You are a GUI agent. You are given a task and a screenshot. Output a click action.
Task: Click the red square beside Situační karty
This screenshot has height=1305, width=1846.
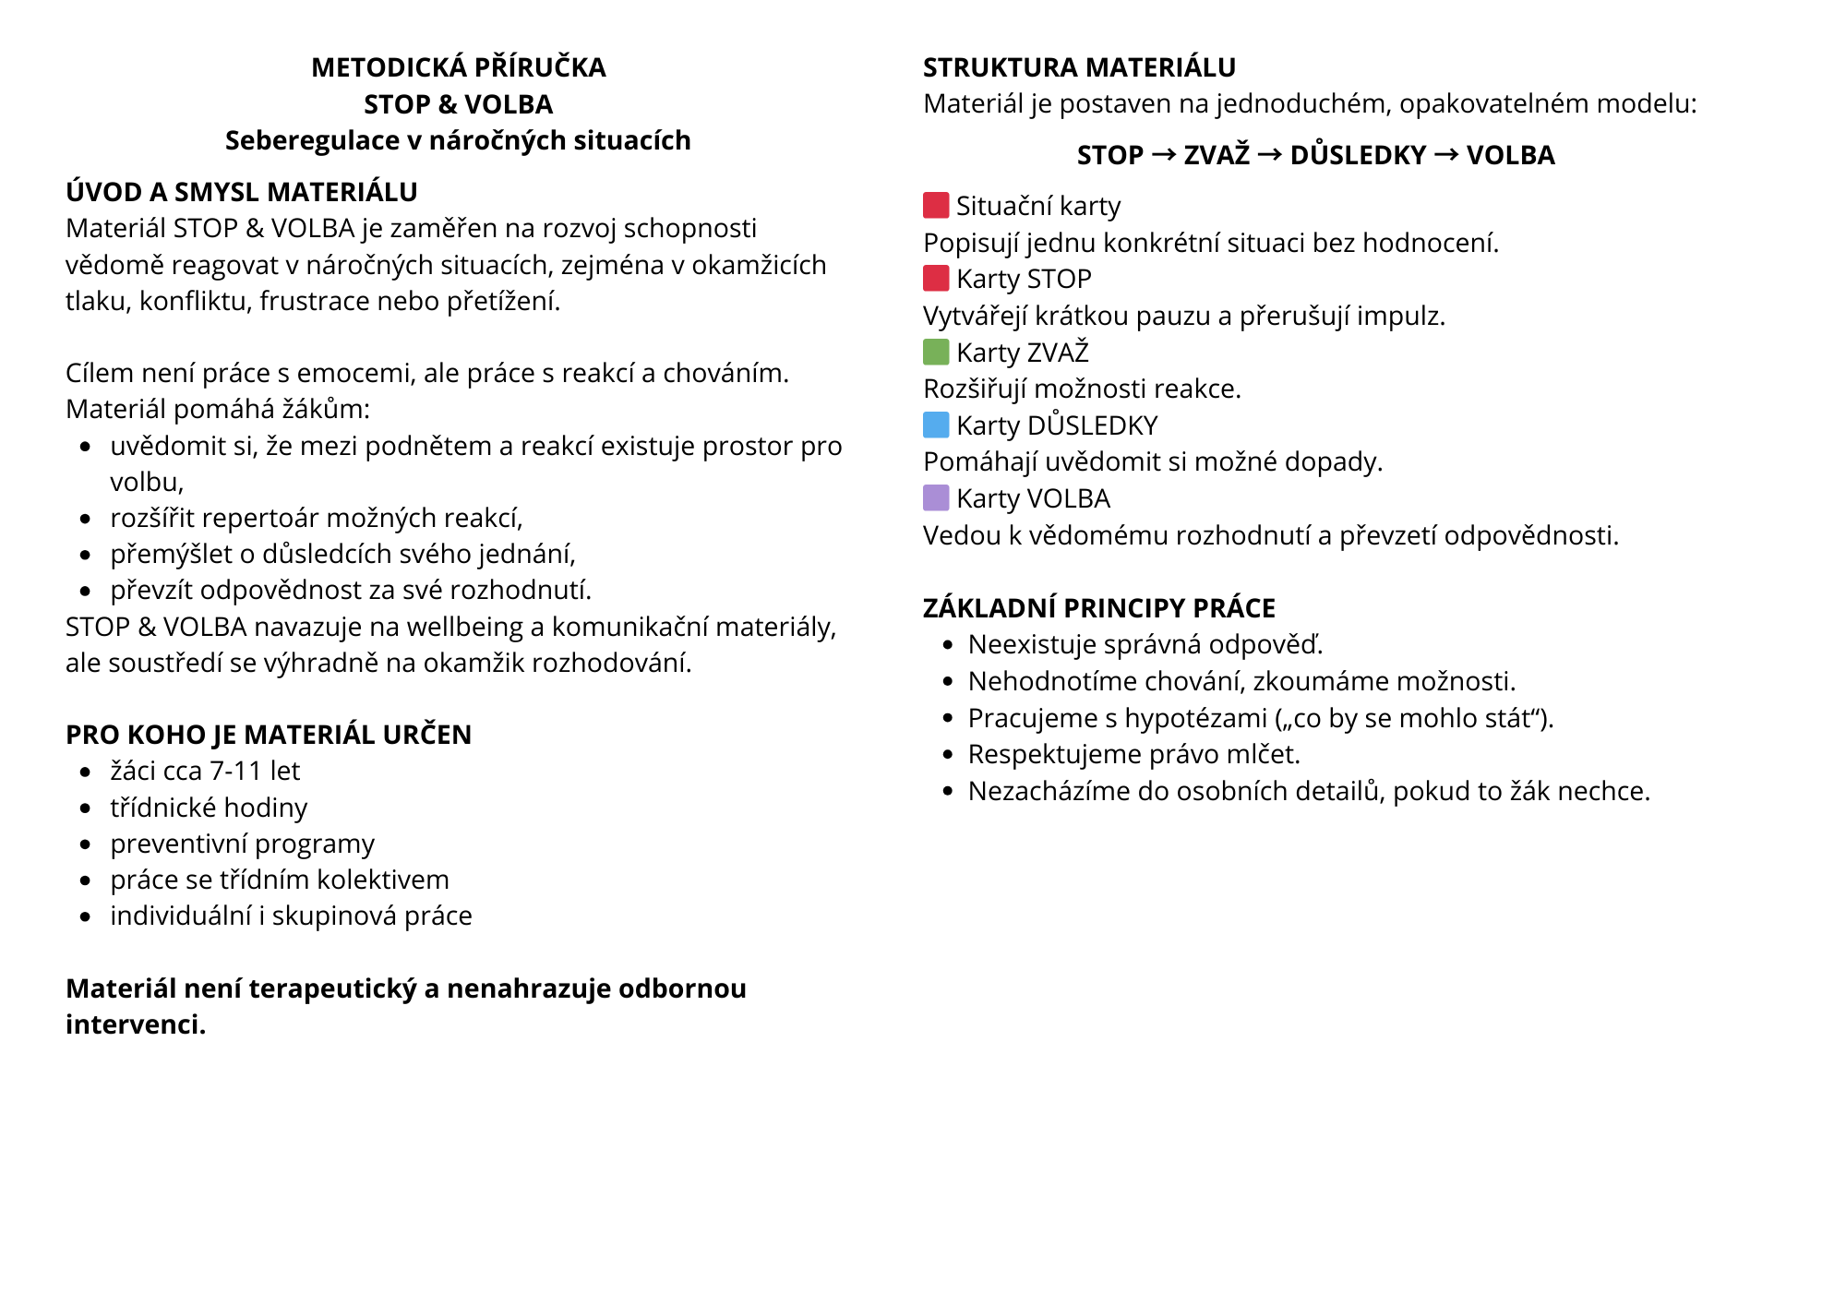point(936,205)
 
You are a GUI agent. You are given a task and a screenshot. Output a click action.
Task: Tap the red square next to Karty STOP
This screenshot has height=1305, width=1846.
point(936,278)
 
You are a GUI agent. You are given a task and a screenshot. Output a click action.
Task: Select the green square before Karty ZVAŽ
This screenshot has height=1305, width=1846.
point(936,352)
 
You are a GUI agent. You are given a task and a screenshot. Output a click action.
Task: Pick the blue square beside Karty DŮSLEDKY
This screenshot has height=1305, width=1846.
point(936,425)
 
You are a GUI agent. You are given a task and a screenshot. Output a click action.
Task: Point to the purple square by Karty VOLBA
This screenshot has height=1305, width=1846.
point(936,497)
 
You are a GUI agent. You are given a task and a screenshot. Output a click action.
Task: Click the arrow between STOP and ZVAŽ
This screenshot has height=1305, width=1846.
point(1164,154)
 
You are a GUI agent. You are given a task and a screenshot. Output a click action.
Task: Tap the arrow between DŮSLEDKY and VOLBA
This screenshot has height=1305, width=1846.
point(1446,154)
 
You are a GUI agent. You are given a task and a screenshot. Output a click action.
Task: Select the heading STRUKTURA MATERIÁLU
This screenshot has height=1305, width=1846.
point(1079,67)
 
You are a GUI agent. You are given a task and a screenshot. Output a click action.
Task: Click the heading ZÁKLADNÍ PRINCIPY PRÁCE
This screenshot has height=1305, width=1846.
point(1098,608)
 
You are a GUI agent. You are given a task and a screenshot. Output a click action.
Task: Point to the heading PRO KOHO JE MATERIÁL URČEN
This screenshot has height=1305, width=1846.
point(269,735)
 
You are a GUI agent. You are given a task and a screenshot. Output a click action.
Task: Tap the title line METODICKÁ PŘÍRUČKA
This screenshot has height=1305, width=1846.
point(459,67)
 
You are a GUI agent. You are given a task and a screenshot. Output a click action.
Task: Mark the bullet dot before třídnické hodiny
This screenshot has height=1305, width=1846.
point(86,808)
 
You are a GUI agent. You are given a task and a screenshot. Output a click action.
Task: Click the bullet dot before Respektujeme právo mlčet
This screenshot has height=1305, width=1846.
point(947,755)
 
